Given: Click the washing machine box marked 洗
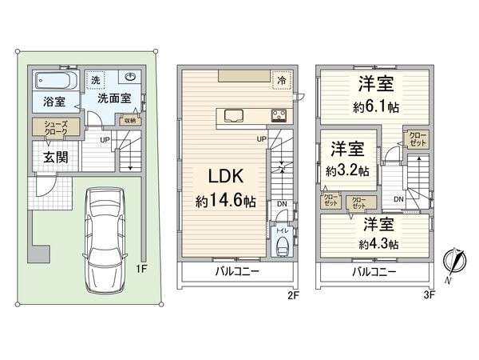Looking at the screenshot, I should click(x=96, y=80).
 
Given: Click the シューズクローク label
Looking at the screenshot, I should click(x=45, y=128).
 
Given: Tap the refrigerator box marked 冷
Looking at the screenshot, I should click(x=282, y=81).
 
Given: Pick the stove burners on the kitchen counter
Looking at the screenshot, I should click(x=279, y=114).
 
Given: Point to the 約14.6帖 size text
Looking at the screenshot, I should click(x=226, y=202).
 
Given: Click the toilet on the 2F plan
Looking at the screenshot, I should click(x=282, y=244).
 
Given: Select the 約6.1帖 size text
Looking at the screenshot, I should click(x=372, y=109).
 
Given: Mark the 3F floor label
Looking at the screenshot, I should click(x=431, y=295).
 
